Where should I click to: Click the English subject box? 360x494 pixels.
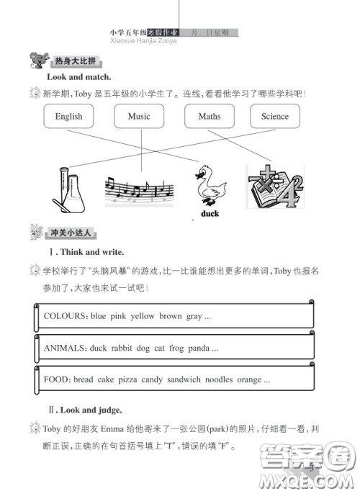pyautogui.click(x=68, y=116)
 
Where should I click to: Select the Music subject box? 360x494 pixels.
pyautogui.click(x=139, y=116)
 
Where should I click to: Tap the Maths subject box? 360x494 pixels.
pyautogui.click(x=210, y=116)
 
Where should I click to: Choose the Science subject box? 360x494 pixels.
pyautogui.click(x=274, y=116)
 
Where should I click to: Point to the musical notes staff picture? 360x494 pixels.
pyautogui.click(x=139, y=191)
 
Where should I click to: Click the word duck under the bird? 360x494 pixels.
pyautogui.click(x=210, y=214)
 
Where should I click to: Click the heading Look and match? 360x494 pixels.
pyautogui.click(x=79, y=76)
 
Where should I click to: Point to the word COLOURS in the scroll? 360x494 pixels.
pyautogui.click(x=65, y=316)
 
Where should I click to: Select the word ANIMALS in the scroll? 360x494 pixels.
pyautogui.click(x=65, y=348)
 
